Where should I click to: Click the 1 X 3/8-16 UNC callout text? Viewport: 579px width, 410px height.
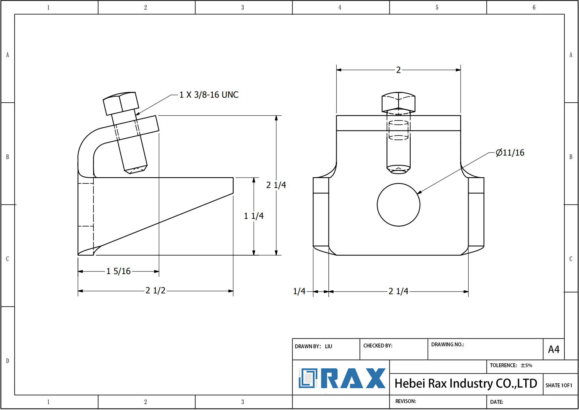(x=209, y=95)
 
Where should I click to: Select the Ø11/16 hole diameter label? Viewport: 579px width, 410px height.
(x=510, y=153)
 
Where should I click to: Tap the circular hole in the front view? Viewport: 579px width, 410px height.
(x=398, y=205)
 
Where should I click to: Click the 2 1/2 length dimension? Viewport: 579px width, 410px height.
(x=155, y=291)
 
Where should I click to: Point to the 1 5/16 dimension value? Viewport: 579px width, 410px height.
(x=119, y=271)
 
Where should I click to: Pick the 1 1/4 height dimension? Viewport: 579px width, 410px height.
(x=254, y=216)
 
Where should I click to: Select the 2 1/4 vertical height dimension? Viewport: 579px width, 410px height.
(x=276, y=185)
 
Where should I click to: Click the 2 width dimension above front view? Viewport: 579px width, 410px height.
(x=398, y=70)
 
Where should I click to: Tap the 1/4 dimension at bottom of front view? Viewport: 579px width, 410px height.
(x=299, y=291)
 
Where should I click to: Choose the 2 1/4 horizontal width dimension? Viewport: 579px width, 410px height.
(x=398, y=291)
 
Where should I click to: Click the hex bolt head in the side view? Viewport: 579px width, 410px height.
(x=121, y=103)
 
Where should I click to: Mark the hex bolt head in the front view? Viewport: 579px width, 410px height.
(x=398, y=102)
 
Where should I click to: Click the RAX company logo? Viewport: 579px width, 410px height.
(x=342, y=378)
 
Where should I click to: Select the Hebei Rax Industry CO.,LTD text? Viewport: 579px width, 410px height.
(x=466, y=383)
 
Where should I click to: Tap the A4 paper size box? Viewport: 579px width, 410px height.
(x=554, y=349)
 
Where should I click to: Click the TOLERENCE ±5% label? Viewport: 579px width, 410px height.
(x=511, y=365)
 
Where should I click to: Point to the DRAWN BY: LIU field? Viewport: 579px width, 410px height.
(x=313, y=346)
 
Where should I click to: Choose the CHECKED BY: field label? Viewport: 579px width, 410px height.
(x=378, y=346)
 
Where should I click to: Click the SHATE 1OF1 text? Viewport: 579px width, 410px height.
(x=559, y=385)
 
